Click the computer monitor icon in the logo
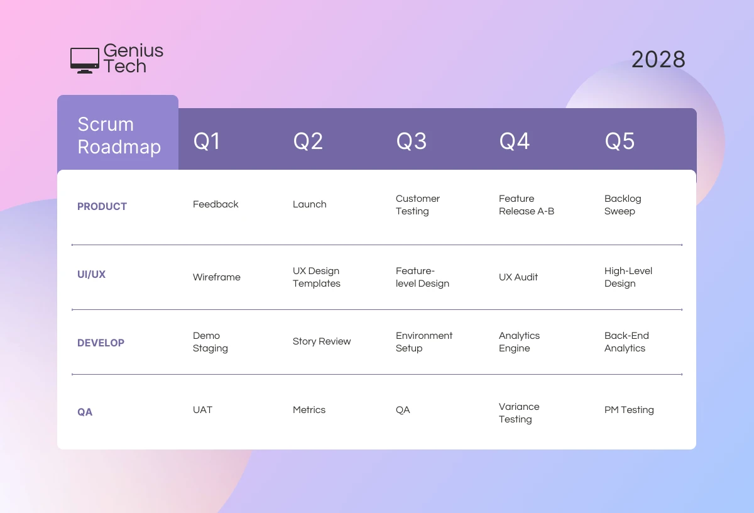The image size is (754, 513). click(84, 60)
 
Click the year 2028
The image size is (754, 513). click(658, 60)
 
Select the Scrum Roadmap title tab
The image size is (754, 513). click(118, 135)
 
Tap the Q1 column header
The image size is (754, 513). click(207, 141)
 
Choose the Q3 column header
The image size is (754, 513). click(411, 141)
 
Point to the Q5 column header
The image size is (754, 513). click(620, 141)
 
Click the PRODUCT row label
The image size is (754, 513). click(102, 206)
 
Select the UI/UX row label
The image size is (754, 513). click(91, 275)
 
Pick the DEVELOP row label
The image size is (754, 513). click(101, 343)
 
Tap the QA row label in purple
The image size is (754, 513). click(85, 412)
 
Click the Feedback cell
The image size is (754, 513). click(216, 204)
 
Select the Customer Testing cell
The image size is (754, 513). click(417, 205)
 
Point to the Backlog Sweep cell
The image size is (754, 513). click(622, 205)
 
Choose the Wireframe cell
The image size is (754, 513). click(216, 277)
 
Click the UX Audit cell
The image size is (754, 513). click(518, 277)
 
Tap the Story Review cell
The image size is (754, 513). click(322, 341)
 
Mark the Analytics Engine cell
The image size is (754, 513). click(519, 342)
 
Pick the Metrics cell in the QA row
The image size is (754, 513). click(309, 410)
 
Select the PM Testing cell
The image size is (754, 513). click(629, 410)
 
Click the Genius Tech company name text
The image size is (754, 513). click(133, 58)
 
